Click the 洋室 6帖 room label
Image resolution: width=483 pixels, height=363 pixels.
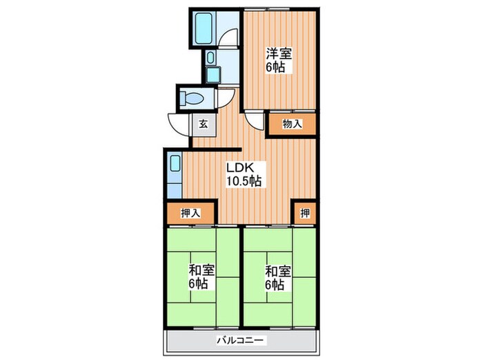pos(279,60)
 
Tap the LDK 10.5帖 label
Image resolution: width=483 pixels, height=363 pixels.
pos(244,174)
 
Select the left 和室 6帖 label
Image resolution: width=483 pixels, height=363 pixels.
pos(201,277)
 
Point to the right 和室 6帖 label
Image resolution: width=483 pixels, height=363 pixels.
pos(278,277)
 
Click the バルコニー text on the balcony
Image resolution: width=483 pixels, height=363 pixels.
pos(241,341)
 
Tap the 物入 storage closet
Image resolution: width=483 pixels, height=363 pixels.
pos(293,124)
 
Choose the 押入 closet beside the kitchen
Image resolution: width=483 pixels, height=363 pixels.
pos(190,213)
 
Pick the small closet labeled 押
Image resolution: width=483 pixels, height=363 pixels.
pos(305,213)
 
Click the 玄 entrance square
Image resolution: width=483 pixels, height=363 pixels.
pos(204,124)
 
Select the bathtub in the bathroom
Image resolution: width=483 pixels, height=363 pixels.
pos(204,28)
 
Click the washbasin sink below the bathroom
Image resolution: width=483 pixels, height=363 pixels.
pos(210,57)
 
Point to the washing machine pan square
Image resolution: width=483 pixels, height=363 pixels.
pos(213,75)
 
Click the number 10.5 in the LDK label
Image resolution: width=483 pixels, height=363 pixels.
pos(238,180)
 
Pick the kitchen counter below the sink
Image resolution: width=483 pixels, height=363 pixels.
pos(175,190)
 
